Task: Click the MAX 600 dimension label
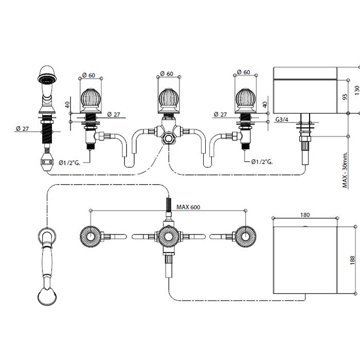coord(188,207)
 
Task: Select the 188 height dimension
coord(352,260)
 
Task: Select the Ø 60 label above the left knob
coord(88,75)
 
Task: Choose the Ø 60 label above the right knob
coord(243,73)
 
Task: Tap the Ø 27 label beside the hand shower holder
coord(22,129)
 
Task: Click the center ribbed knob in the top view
coord(168,237)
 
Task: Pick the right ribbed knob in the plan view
coord(246,237)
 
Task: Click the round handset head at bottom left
coord(46,297)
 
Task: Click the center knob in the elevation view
coord(168,101)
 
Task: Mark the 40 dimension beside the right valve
coord(265,104)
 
